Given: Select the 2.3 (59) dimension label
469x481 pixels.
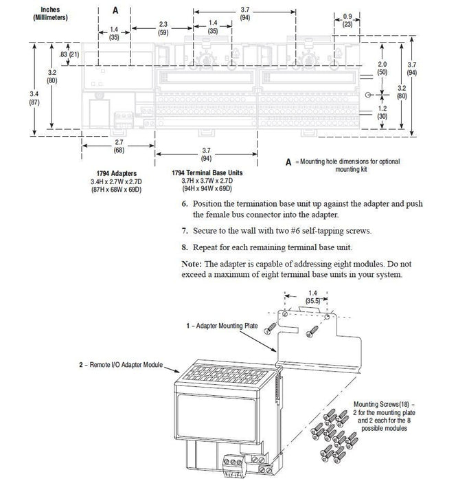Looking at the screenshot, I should [x=163, y=27].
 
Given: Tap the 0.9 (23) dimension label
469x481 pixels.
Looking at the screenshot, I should [x=347, y=19].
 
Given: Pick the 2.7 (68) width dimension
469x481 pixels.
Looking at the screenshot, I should [x=119, y=146].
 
